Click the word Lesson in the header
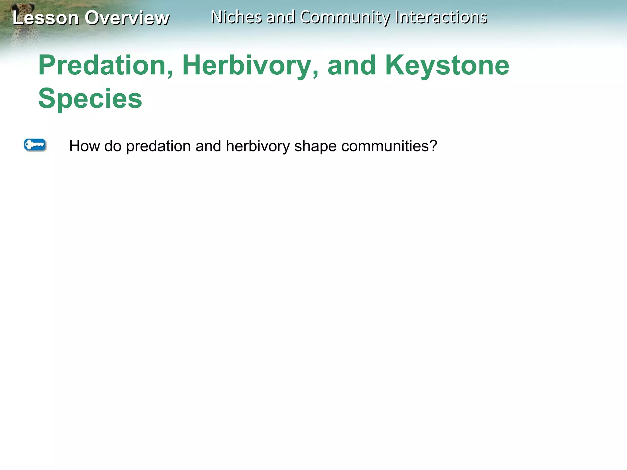pos(45,18)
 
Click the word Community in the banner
pos(345,17)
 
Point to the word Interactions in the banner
pos(441,17)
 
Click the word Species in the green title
pos(90,99)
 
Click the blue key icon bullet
pos(35,145)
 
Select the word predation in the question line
pos(158,146)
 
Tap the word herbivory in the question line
pos(257,146)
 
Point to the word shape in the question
pos(315,146)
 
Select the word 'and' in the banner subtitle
pos(281,17)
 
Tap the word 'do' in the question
pos(113,146)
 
